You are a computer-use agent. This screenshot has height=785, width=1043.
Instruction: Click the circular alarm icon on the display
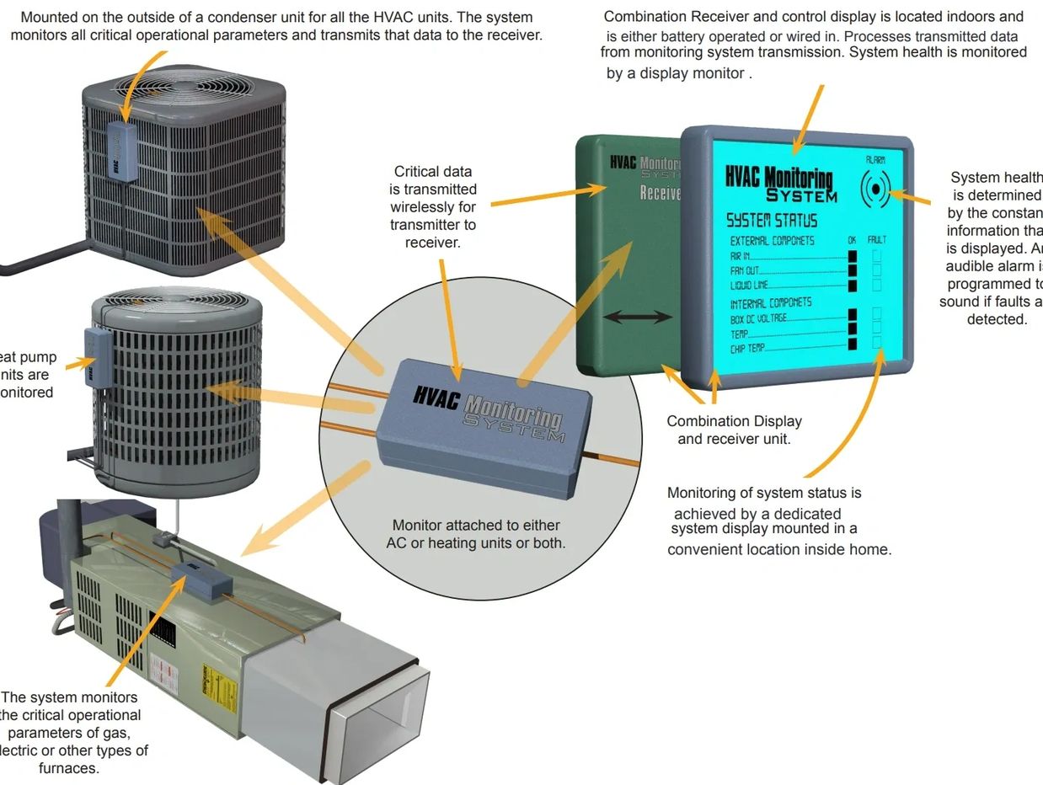pos(875,190)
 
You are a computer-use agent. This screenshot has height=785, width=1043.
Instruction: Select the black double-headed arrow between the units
pos(639,318)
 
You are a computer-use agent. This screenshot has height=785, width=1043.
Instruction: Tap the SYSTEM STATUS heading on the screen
pos(772,221)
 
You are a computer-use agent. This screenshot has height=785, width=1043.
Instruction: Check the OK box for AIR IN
pos(852,256)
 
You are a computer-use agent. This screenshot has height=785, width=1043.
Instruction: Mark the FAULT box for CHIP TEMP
pos(877,344)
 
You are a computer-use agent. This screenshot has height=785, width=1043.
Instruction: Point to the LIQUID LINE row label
pos(750,286)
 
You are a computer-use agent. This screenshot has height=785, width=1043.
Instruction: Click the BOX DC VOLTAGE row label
pos(758,318)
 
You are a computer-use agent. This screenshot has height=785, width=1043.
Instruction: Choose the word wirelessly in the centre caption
pos(432,207)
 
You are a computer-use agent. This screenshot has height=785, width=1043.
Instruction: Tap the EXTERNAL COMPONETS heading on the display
pos(772,241)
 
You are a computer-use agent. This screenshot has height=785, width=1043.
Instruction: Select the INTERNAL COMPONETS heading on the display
pos(770,302)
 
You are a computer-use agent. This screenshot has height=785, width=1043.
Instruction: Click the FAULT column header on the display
pos(876,240)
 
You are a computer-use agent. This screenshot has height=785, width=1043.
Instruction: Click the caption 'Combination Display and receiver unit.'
pos(734,430)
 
